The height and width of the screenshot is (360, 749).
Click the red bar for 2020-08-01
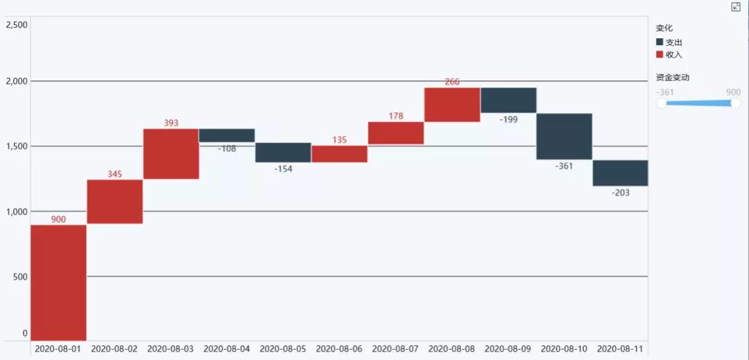pyautogui.click(x=58, y=282)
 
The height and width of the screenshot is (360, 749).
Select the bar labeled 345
pyautogui.click(x=114, y=201)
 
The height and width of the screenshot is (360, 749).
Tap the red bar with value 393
pyautogui.click(x=171, y=154)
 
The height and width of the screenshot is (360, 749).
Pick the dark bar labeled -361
pyautogui.click(x=564, y=136)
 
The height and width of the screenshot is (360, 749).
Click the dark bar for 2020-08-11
pyautogui.click(x=620, y=173)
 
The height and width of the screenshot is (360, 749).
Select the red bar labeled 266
pyautogui.click(x=451, y=105)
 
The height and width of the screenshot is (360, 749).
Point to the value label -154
pyautogui.click(x=283, y=169)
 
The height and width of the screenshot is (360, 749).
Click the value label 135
pyautogui.click(x=339, y=140)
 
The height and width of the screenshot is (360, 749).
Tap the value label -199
pyautogui.click(x=508, y=119)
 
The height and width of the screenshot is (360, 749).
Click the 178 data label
pyautogui.click(x=395, y=117)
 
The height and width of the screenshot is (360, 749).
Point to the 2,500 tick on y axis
pyautogui.click(x=17, y=25)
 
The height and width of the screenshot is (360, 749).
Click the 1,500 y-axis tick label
pyautogui.click(x=17, y=146)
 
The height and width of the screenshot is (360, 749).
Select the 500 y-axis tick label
pyautogui.click(x=21, y=277)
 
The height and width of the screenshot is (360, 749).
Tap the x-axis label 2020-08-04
pyautogui.click(x=227, y=348)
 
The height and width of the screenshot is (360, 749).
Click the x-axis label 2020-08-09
pyautogui.click(x=508, y=348)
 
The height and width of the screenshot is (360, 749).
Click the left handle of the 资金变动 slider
pyautogui.click(x=662, y=103)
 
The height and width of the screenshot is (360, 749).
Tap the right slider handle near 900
pyautogui.click(x=735, y=103)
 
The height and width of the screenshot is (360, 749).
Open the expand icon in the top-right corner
pyautogui.click(x=736, y=7)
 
